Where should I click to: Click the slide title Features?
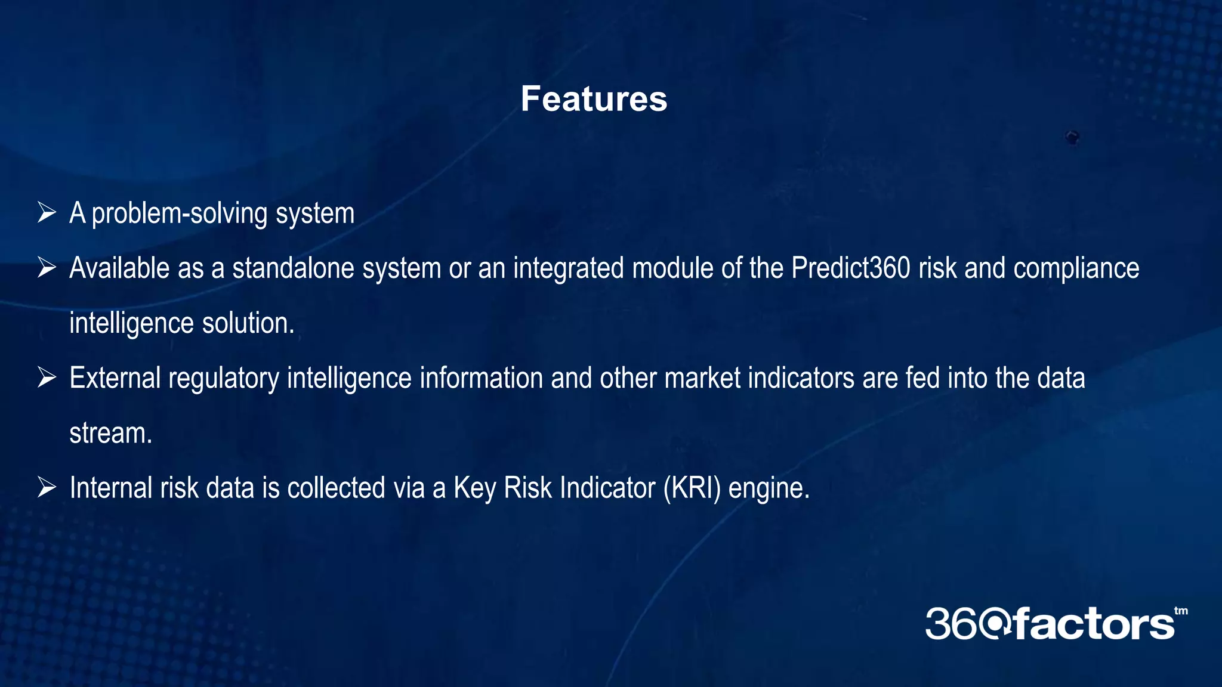click(x=594, y=99)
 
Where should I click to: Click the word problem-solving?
click(x=180, y=213)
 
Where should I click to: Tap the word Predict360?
click(x=851, y=268)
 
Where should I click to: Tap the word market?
click(x=702, y=378)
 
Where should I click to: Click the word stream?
click(x=110, y=433)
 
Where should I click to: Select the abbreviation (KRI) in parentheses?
click(x=692, y=488)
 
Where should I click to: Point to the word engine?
click(x=769, y=489)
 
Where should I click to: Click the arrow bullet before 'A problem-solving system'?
click(x=47, y=212)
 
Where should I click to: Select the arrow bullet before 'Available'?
click(x=47, y=267)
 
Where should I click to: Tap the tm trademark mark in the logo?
click(x=1181, y=611)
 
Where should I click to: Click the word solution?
click(x=248, y=323)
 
